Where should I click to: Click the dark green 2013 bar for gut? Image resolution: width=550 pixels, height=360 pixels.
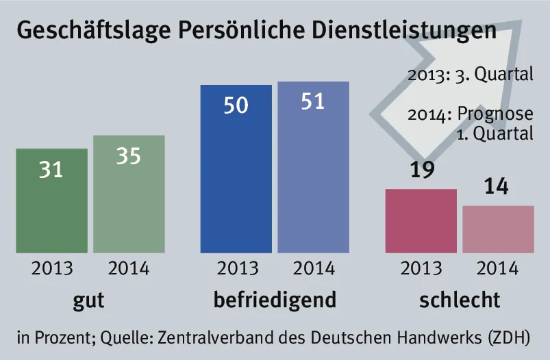coord(51,205)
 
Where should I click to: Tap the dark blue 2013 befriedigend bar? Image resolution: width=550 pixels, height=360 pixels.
coord(236,178)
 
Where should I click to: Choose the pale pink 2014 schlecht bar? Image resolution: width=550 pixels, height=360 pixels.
coord(498,229)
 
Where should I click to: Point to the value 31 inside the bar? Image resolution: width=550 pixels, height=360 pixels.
coord(51,169)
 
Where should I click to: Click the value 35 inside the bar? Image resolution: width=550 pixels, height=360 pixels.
coord(128,156)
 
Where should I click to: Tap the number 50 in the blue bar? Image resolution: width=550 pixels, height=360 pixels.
coord(236,106)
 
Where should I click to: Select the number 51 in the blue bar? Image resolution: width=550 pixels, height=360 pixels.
coord(312,101)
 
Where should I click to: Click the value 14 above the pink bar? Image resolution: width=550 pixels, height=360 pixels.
coord(497,186)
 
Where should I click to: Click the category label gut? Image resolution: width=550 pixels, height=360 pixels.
coord(88,300)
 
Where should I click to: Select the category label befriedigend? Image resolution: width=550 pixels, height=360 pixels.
coord(275,300)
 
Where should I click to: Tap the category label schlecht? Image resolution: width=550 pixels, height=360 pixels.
coord(459,300)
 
